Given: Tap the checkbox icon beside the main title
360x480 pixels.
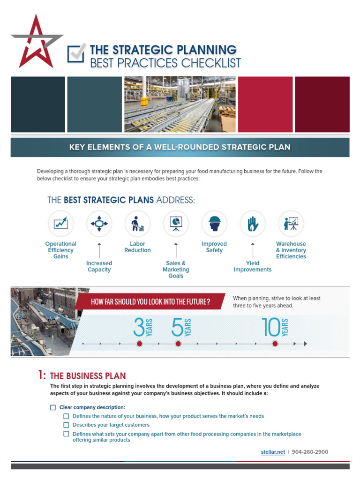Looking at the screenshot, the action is [75, 53].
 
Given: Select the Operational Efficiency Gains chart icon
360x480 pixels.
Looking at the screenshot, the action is [60, 223].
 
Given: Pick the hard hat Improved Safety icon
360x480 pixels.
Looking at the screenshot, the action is [214, 224].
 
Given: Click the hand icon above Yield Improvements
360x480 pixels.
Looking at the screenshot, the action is [253, 224].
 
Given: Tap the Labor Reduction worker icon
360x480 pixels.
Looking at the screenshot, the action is [137, 224].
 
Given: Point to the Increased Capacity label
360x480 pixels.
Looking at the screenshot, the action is [99, 266].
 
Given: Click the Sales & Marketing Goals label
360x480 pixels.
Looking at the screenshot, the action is [176, 270].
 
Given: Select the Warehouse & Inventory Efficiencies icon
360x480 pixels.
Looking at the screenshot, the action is [291, 224].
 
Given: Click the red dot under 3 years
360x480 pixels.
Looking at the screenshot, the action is [139, 344].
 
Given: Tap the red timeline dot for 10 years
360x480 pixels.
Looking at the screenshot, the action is [275, 344].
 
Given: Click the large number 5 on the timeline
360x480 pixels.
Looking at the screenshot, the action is [177, 327].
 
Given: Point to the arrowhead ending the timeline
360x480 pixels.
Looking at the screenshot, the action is [305, 344].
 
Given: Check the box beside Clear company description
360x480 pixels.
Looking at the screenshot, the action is [53, 407].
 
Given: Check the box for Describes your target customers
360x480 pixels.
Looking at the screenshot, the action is [66, 425].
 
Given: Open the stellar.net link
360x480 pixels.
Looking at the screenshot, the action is [273, 452].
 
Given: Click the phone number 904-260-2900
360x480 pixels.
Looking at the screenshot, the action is [310, 452].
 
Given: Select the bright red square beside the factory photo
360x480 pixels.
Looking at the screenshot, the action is [265, 105].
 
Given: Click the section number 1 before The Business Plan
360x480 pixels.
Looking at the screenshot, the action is [40, 375].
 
